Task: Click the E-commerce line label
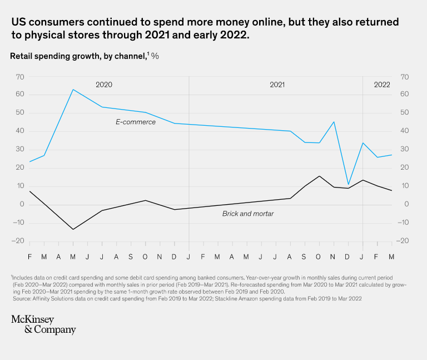136,122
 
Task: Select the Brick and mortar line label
248,214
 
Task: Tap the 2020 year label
104,85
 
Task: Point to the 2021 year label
277,85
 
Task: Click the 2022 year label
382,85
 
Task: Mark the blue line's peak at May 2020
73,89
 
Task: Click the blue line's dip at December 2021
349,184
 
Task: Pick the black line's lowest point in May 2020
73,229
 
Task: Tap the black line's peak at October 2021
319,176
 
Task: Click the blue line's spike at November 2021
334,122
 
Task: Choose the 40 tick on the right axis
404,131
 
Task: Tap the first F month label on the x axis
30,257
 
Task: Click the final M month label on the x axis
391,257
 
